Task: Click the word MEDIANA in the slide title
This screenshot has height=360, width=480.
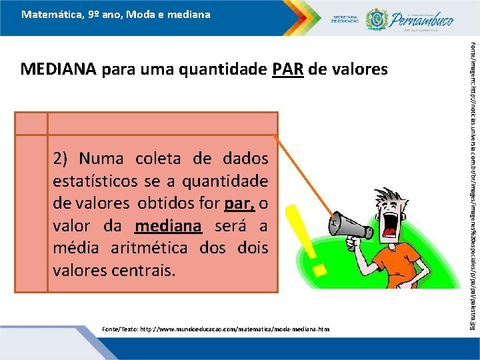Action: [x=59, y=69]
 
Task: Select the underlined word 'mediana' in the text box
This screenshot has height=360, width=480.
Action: [x=167, y=226]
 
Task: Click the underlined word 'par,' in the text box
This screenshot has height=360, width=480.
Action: [x=238, y=203]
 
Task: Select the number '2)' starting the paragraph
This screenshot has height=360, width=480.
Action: [x=62, y=159]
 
